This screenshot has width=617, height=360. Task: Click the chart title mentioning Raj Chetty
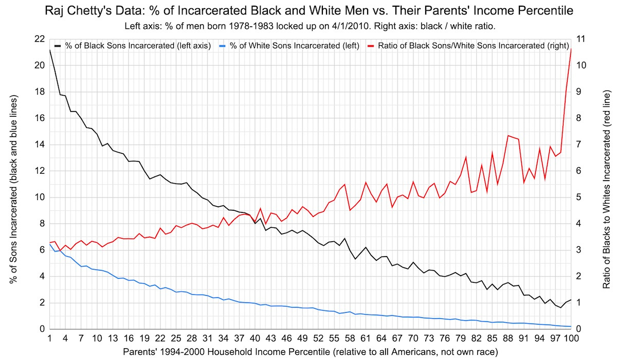tap(308, 10)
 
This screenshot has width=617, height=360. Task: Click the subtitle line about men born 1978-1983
tap(308, 25)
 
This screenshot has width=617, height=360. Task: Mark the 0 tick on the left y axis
tap(41, 329)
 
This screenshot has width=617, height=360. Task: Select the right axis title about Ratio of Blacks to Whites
tap(605, 185)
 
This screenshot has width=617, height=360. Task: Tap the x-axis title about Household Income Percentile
tap(311, 352)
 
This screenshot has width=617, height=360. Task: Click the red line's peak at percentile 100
tap(572, 48)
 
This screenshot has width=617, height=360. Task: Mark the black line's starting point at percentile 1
tap(49, 50)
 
